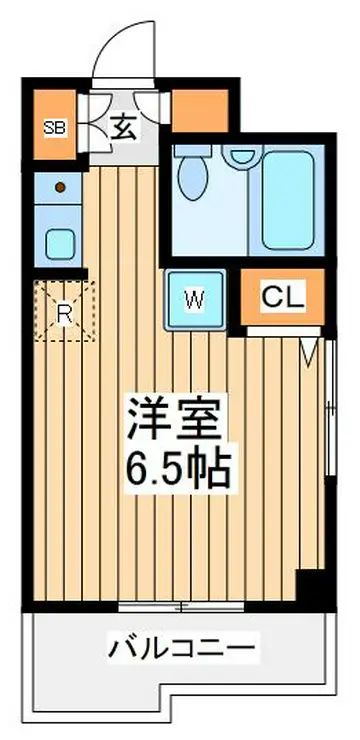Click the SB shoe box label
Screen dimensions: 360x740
(x=55, y=127)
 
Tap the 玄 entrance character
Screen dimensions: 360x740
(x=124, y=128)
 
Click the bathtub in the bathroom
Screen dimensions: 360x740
(x=288, y=200)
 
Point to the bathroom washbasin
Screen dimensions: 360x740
(x=243, y=154)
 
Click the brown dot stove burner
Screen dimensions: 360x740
(x=60, y=187)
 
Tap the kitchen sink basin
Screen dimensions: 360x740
(x=60, y=244)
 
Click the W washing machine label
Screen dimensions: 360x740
(x=194, y=300)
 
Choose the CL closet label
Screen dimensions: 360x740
(x=283, y=297)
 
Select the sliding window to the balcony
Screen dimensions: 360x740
(x=181, y=606)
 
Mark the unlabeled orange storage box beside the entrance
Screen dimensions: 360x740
(x=200, y=111)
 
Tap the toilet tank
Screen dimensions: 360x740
(x=193, y=150)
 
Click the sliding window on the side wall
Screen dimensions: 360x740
(x=331, y=406)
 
